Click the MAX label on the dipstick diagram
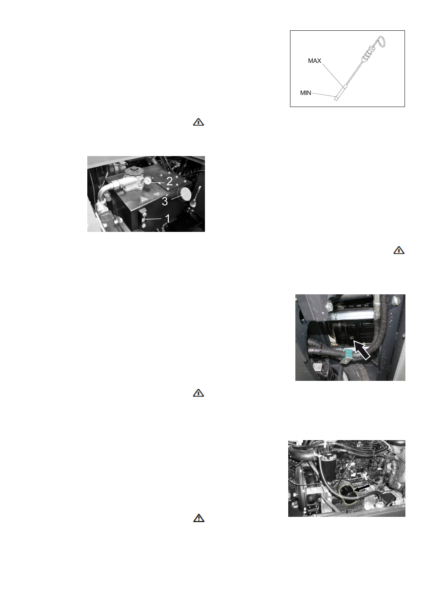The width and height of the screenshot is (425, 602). pos(315,61)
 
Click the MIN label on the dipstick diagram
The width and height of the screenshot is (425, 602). pos(306,93)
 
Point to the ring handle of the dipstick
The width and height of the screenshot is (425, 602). pos(381,41)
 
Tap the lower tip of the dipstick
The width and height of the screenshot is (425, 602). pos(336,99)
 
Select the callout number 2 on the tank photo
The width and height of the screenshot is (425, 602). pos(169,181)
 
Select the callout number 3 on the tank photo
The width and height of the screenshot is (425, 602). pos(165,202)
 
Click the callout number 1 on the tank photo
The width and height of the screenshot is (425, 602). pos(168,218)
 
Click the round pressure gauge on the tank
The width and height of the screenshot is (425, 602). pos(147,181)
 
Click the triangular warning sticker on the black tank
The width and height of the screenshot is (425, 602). pos(144,199)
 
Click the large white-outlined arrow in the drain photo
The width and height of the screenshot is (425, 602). pos(362,350)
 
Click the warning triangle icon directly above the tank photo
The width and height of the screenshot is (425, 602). pos(198,122)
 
